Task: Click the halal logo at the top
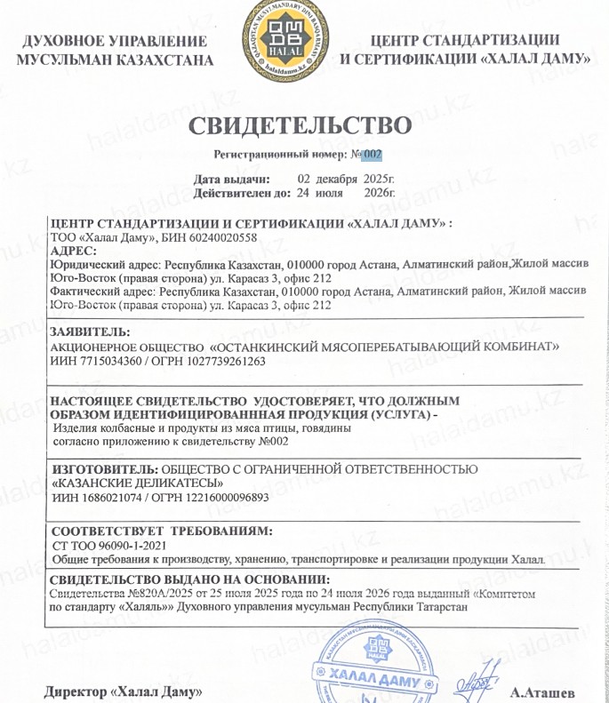click(278, 41)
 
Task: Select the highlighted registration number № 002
click(366, 154)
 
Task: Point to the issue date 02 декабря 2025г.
click(345, 178)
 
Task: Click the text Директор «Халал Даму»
click(124, 691)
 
